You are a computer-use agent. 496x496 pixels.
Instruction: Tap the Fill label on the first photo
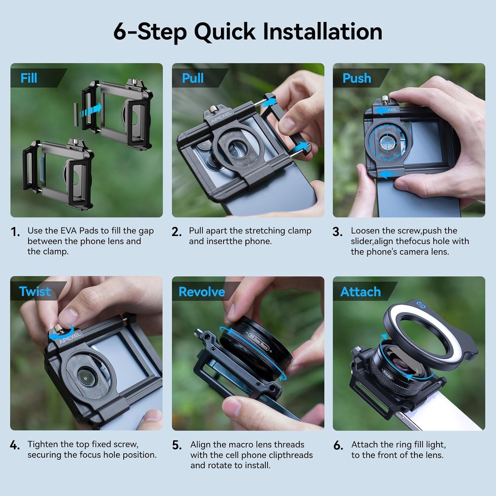point(29,78)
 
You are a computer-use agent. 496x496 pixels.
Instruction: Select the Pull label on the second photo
point(193,78)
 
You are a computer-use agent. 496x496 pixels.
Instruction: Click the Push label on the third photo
point(357,78)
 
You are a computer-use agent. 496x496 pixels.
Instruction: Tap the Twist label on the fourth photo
point(35,291)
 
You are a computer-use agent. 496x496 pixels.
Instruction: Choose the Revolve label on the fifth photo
point(201,292)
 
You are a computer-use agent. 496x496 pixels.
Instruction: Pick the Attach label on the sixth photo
point(360,292)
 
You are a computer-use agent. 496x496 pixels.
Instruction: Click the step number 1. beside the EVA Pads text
point(15,232)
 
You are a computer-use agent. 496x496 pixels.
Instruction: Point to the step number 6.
point(338,446)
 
